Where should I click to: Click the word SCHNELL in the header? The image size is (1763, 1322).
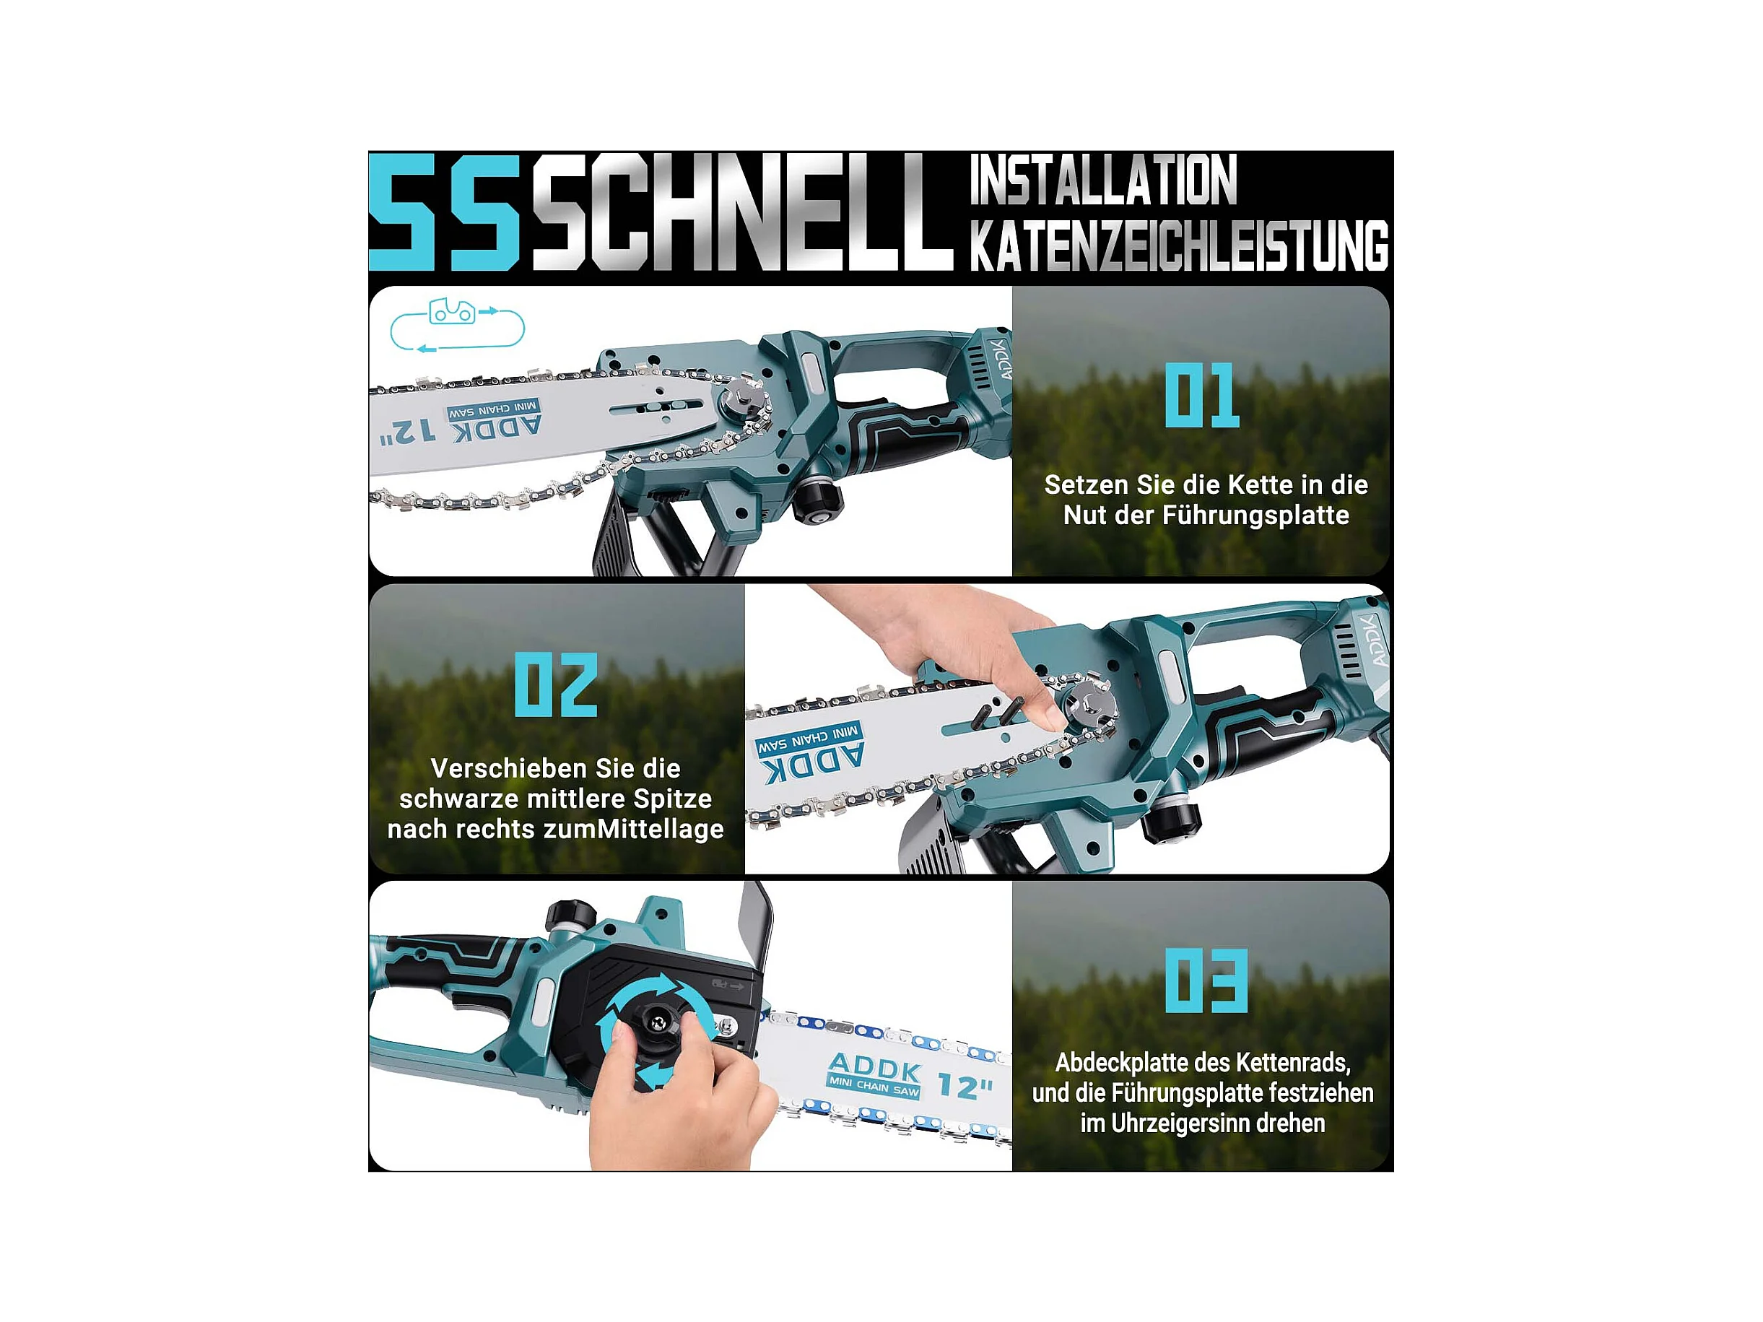743,212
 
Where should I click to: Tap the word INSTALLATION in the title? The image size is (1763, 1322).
1103,181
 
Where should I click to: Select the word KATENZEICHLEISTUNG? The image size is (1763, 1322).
1179,245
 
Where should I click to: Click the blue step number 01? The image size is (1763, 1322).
1202,395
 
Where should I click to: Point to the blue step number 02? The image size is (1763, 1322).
555,684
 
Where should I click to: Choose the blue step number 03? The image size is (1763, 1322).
1206,980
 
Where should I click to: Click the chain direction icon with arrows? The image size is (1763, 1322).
458,325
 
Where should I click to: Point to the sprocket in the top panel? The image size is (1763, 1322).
744,402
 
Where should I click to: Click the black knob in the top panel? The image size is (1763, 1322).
817,500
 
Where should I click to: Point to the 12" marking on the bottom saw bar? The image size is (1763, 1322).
965,1086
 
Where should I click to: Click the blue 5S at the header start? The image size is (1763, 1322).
445,212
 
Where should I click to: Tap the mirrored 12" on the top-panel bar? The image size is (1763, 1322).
408,432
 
